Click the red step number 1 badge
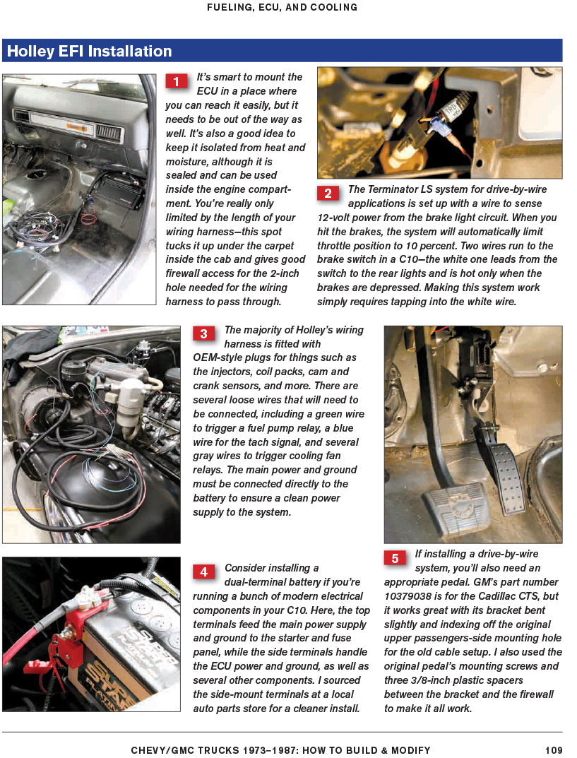click(x=177, y=81)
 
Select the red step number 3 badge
click(x=204, y=334)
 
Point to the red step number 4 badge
click(x=204, y=572)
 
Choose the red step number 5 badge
click(x=395, y=558)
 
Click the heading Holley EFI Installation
click(x=90, y=52)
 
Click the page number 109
click(x=554, y=750)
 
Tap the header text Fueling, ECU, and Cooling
click(x=282, y=8)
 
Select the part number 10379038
click(x=413, y=596)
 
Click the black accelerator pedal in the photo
click(x=508, y=480)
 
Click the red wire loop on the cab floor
click(x=88, y=218)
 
